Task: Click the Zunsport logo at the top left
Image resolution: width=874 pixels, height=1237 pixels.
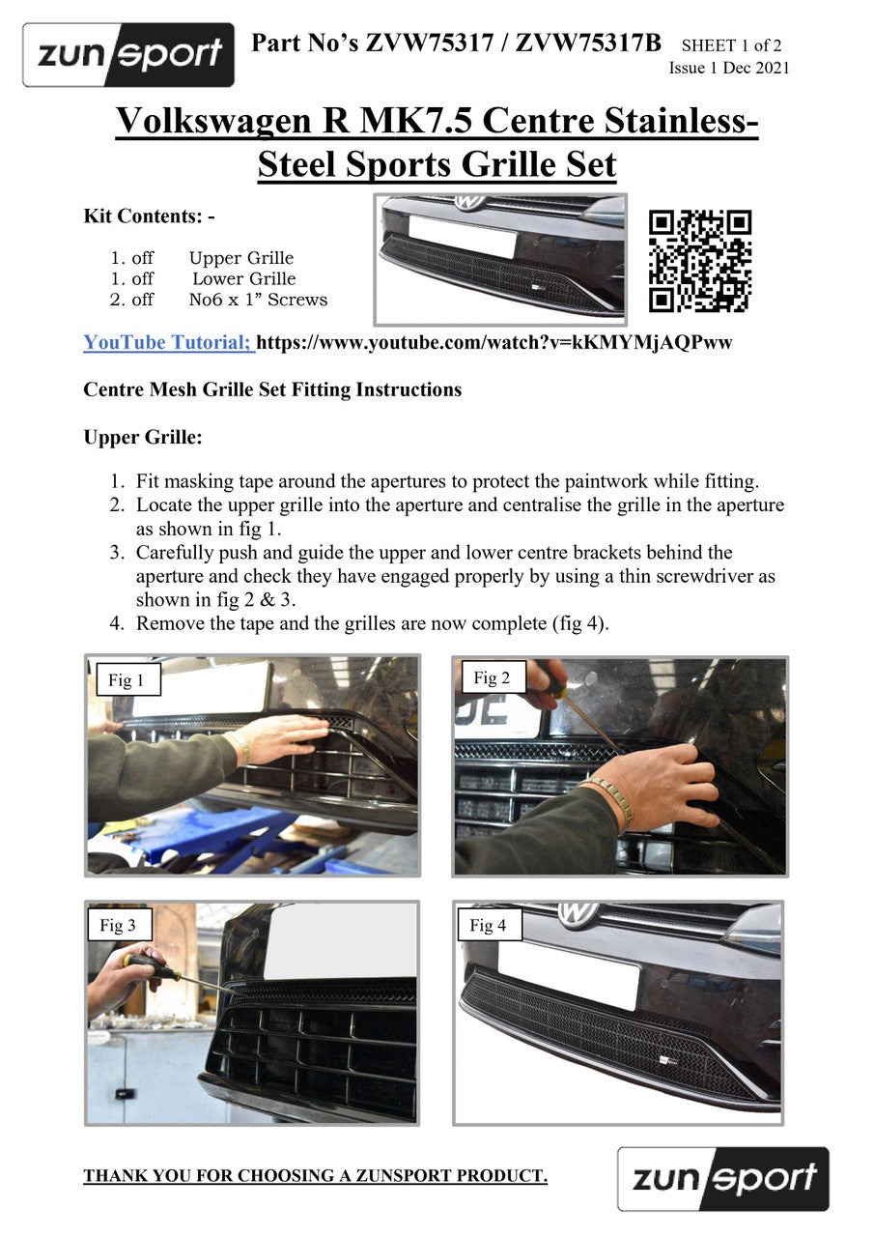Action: coord(128,55)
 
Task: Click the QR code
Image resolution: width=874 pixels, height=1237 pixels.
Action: coord(699,261)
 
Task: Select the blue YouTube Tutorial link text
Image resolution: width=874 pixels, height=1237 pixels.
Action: coord(169,342)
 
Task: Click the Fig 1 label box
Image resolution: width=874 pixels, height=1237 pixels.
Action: coord(128,679)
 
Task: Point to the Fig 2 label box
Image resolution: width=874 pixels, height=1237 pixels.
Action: coord(492,677)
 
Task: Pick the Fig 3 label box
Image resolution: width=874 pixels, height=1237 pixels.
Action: coord(118,925)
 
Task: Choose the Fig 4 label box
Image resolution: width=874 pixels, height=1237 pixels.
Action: coord(488,925)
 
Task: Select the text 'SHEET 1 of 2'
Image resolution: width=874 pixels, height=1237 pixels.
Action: coord(731,45)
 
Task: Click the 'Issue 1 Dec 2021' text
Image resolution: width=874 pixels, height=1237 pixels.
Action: coord(729,68)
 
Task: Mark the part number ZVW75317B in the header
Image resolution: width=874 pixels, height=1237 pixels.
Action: coord(588,43)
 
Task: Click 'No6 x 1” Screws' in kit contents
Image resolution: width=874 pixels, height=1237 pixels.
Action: coord(258,300)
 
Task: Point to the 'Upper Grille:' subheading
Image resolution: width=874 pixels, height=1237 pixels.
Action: coord(143,438)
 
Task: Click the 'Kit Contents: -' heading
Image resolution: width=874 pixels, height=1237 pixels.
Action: coord(149,216)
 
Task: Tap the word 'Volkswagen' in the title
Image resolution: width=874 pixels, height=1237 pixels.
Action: coord(213,121)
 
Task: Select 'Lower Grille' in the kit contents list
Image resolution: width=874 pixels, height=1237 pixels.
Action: coord(244,278)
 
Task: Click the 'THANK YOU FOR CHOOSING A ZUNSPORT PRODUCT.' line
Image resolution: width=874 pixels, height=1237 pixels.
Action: coord(315,1176)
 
